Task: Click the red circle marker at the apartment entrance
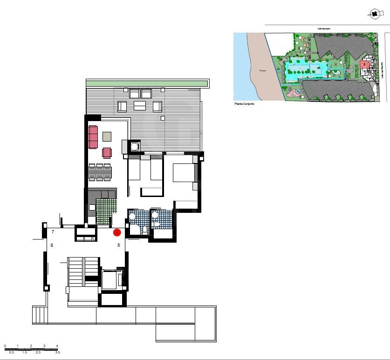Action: tap(117, 232)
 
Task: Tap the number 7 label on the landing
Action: tap(53, 232)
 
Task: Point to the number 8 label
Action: tap(52, 245)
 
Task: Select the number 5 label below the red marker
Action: tap(119, 245)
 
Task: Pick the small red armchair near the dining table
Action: tap(107, 153)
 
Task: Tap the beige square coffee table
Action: tap(107, 136)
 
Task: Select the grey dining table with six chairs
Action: tap(100, 172)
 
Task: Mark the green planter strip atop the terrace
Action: tap(146, 83)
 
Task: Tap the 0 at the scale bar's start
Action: tap(5, 346)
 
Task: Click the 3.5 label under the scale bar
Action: tap(57, 353)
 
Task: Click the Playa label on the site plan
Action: tap(262, 71)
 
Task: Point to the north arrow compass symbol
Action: tap(374, 14)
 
